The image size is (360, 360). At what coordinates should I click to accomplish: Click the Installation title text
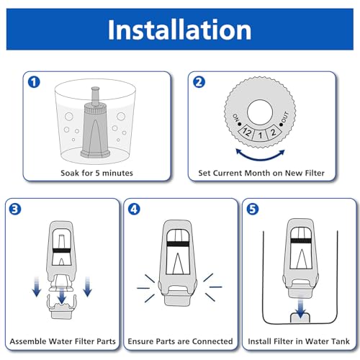[x=179, y=30]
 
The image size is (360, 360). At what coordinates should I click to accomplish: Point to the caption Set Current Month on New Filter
[x=264, y=174]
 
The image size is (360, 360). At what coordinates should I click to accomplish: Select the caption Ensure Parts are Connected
[x=179, y=341]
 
